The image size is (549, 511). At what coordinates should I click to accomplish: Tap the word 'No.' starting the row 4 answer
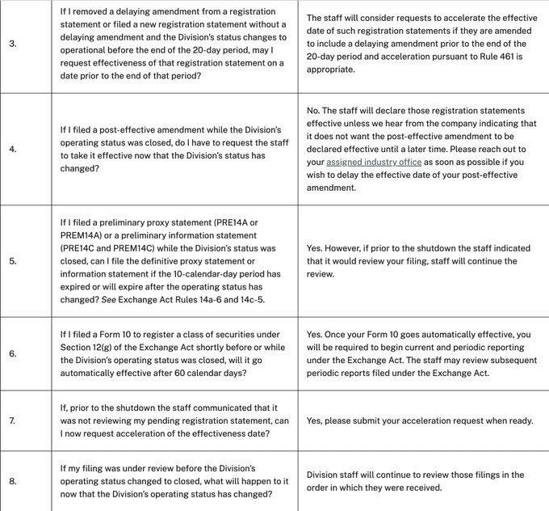(316, 110)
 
